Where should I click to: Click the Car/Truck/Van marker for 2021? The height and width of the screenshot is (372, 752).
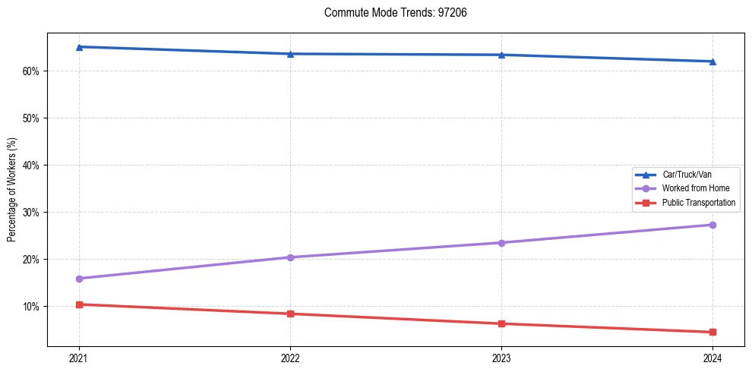pos(79,47)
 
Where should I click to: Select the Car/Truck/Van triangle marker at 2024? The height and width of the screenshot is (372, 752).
pos(713,61)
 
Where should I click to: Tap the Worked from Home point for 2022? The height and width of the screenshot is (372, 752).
pos(290,257)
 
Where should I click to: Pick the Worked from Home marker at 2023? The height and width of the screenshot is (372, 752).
pos(501,243)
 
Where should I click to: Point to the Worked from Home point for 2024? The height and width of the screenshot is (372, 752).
pos(713,225)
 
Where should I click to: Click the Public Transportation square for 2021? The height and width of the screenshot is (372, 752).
pos(79,304)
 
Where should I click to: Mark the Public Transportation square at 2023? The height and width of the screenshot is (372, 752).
pos(501,323)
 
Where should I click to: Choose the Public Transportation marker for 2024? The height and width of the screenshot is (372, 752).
pos(713,332)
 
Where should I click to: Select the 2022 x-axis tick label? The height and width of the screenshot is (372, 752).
pos(290,358)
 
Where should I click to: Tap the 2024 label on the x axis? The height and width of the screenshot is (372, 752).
pos(713,358)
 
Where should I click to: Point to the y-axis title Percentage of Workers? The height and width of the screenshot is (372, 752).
pos(11,189)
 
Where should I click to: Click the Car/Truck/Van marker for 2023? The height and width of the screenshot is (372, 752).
pos(501,55)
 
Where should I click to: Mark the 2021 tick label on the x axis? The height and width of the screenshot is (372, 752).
pos(79,358)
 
